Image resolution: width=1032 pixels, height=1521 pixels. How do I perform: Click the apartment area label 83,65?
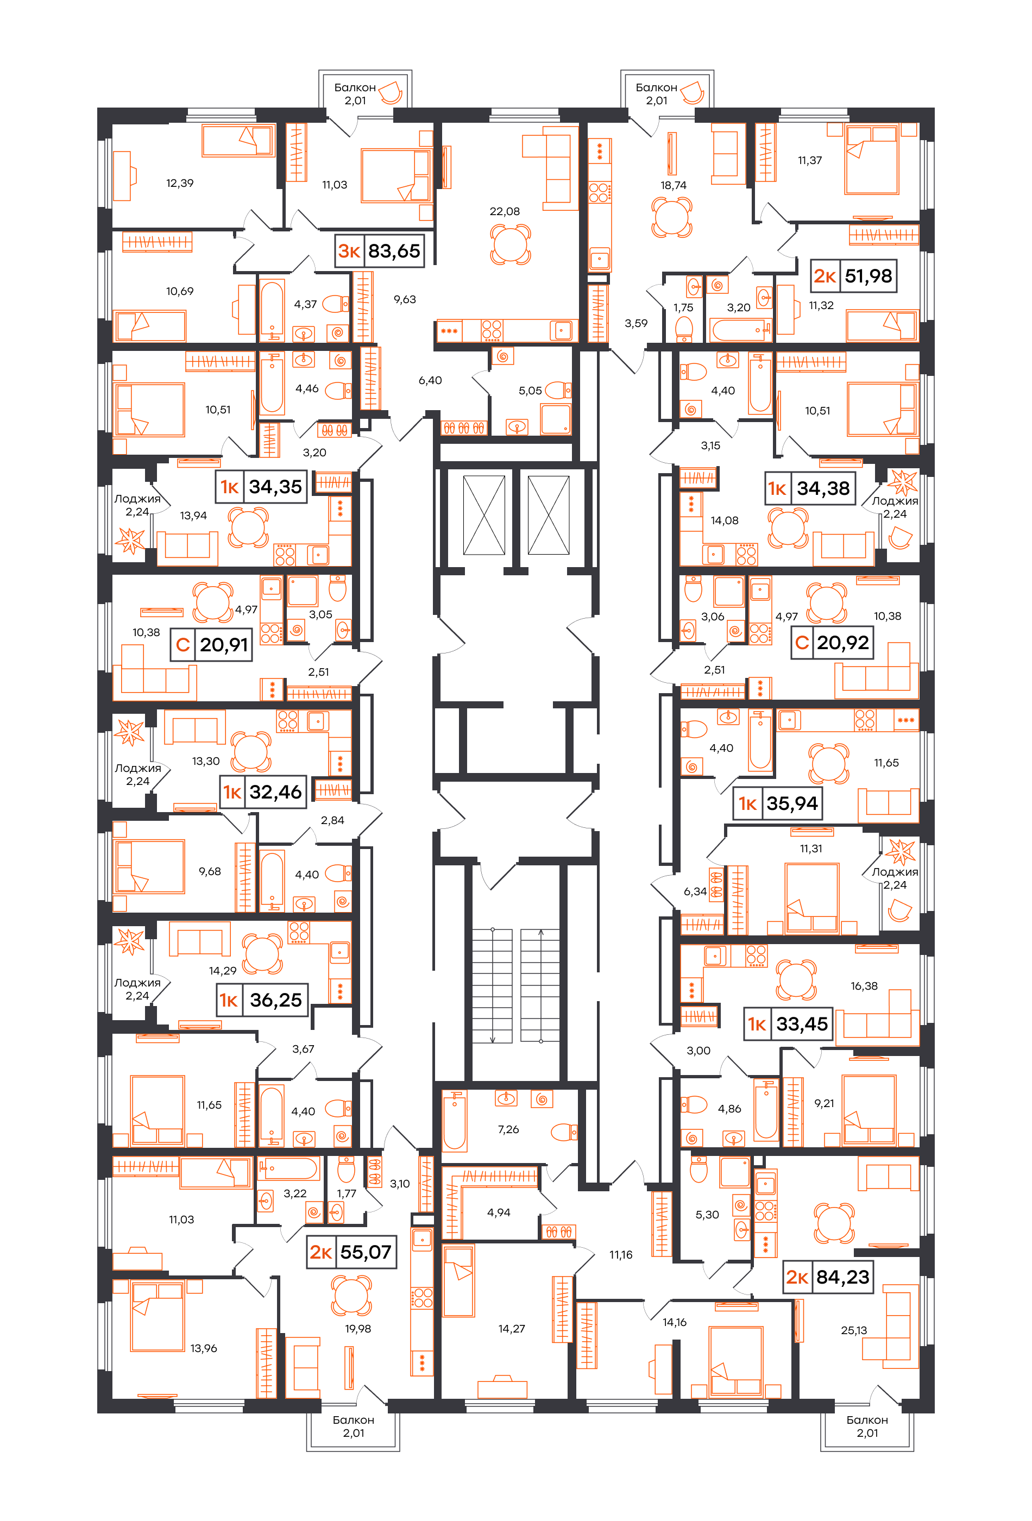tap(394, 250)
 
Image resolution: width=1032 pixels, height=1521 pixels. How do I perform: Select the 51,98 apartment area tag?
tap(868, 275)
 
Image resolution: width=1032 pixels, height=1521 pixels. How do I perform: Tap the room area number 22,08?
tap(505, 211)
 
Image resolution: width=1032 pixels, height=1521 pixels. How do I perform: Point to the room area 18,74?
tap(674, 185)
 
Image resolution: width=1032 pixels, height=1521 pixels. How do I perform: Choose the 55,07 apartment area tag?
tap(365, 1252)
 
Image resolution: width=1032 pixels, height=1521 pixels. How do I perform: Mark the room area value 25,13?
tap(854, 1330)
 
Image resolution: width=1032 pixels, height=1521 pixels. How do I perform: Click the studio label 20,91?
tap(224, 645)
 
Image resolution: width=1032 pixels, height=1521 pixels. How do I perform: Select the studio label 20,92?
tap(843, 642)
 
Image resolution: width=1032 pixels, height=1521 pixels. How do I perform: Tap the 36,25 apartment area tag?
tap(275, 1000)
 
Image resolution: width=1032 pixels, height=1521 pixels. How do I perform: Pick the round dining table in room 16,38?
tap(796, 980)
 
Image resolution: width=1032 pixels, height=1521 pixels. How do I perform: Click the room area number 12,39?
tap(180, 183)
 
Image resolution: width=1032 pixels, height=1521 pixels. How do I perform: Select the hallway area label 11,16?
tap(621, 1255)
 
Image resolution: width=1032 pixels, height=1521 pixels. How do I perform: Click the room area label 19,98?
tap(358, 1329)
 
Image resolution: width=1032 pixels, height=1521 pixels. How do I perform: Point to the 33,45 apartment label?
tap(802, 1023)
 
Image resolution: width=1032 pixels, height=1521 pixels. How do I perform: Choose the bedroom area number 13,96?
tap(204, 1348)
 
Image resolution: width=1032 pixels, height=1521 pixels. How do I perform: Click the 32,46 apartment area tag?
tap(275, 792)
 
